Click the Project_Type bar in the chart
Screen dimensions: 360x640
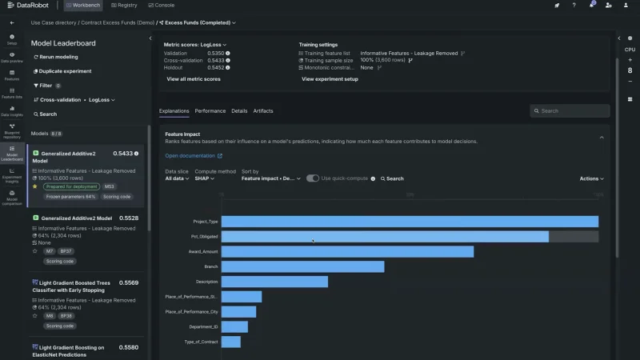click(x=410, y=222)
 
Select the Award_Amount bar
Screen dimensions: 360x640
click(x=347, y=252)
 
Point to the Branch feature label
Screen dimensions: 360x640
click(x=211, y=266)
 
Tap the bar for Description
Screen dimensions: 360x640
click(x=274, y=282)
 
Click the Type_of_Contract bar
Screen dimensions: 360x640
click(x=231, y=342)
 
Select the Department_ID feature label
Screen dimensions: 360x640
click(x=203, y=326)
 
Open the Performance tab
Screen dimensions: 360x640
click(x=210, y=111)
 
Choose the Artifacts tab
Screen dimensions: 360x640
click(x=263, y=111)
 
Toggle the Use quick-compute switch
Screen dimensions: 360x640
click(x=313, y=178)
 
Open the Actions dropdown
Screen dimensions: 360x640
click(x=591, y=178)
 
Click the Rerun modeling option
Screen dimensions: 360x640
click(x=58, y=57)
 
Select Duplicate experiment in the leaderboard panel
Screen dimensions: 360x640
click(x=64, y=71)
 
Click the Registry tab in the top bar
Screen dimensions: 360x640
click(x=122, y=6)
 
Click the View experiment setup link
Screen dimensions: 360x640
click(x=330, y=79)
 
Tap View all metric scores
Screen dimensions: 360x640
click(x=194, y=79)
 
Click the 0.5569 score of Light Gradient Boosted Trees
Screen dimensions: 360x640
click(x=129, y=282)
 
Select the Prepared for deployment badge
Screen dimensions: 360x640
click(x=72, y=186)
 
